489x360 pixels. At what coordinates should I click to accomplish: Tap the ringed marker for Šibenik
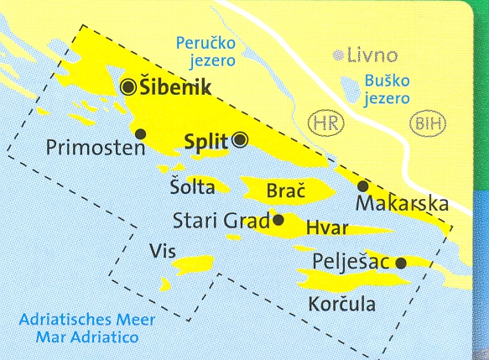128,86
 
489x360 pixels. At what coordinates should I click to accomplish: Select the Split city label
205,141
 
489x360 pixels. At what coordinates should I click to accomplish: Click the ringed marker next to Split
240,140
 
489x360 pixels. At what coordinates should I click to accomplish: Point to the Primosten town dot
140,133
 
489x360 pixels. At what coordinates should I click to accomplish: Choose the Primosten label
97,149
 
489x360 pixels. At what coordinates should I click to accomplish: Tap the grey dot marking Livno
338,56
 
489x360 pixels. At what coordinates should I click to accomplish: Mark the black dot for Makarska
362,185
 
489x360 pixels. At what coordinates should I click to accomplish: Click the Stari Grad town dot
278,221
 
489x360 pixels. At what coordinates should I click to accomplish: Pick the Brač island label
284,191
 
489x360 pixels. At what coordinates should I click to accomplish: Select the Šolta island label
192,187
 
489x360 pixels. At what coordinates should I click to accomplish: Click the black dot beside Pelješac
401,262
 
